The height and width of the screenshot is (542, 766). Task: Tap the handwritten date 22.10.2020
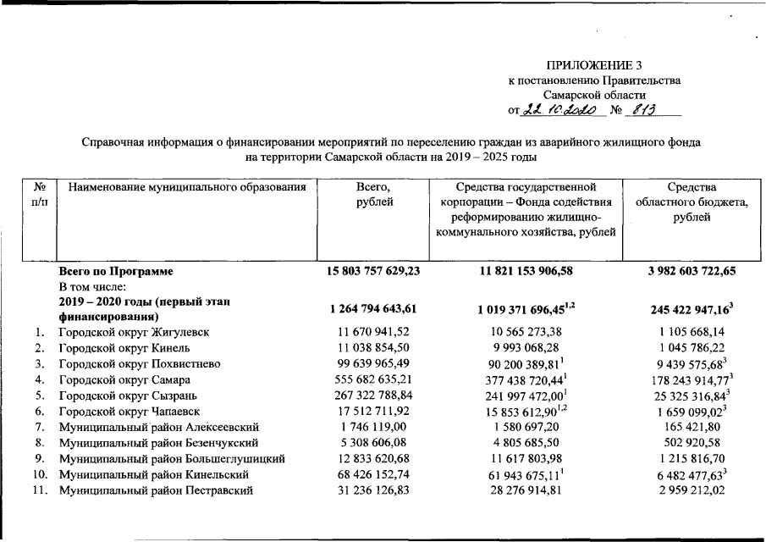[561, 110]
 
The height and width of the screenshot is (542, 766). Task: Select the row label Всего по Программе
[115, 272]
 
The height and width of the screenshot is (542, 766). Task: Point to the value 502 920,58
[692, 443]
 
